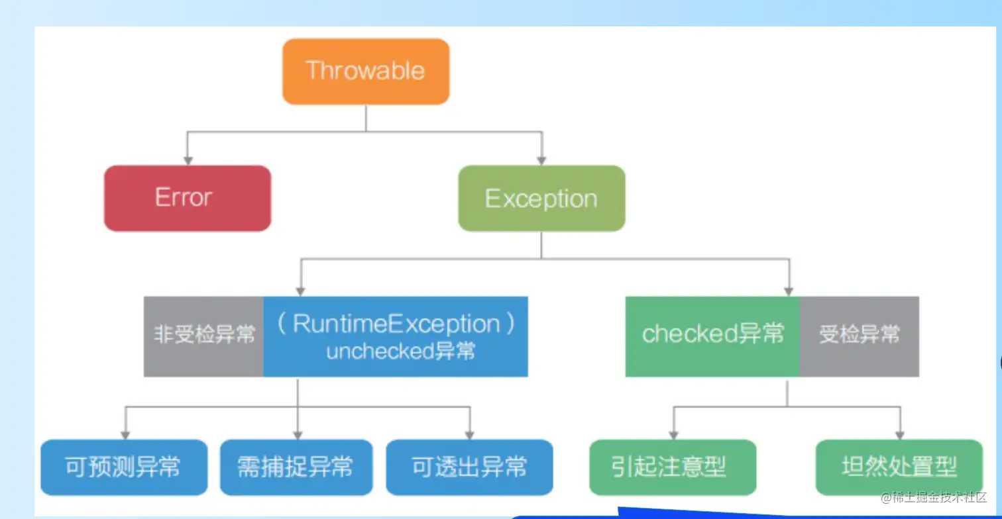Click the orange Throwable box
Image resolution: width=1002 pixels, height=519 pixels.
coord(366,71)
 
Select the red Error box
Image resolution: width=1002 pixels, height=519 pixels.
coord(188,198)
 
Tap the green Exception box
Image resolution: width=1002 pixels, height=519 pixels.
coord(541,199)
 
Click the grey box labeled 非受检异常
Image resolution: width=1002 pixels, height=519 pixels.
coord(204,336)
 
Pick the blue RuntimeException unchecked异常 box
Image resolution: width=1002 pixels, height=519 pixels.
coord(396,336)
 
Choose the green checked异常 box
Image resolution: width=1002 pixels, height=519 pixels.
coord(712,336)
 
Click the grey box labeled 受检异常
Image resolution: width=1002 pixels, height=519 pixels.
coord(859,336)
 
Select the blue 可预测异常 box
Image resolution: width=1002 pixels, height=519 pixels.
coord(124,467)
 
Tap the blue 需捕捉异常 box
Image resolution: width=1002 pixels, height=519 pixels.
coord(296,467)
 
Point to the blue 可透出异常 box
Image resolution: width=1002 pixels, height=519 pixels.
coord(469,467)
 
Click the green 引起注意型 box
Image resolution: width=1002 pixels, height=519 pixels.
coord(673,467)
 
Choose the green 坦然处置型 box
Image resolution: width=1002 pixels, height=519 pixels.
coord(899,467)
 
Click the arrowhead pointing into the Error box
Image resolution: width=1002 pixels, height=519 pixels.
coord(188,160)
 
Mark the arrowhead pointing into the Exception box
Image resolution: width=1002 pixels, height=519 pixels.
coord(541,160)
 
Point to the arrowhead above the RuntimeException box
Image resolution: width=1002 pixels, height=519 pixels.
coord(301,291)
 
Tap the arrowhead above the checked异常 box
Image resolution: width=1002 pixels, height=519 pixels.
coord(789,291)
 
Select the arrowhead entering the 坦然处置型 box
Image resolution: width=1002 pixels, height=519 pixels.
coord(899,434)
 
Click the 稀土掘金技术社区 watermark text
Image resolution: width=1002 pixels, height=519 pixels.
coord(934,498)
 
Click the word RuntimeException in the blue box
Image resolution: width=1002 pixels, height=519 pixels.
coord(396,324)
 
